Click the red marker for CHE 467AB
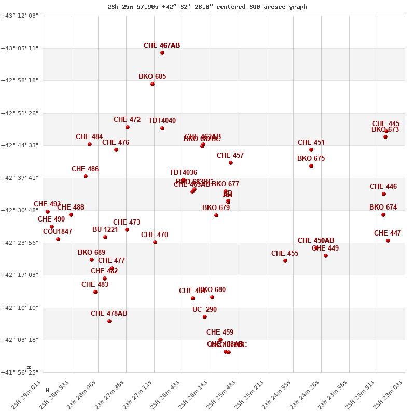coord(162,53)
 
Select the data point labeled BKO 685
coord(153,84)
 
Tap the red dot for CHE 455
coord(285,261)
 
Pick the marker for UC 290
coord(205,317)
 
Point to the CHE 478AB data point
coord(109,321)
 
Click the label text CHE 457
coord(230,156)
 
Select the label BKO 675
coord(311,159)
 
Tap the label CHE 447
coord(388,233)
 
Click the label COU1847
coord(58,232)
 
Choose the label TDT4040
coord(162,121)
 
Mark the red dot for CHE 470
coord(155,242)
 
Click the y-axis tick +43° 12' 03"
coord(20,16)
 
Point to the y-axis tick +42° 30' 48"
coord(20,211)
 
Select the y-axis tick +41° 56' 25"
coord(20,372)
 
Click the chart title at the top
coord(208,7)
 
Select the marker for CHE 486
coord(86,176)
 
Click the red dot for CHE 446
coord(384,194)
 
